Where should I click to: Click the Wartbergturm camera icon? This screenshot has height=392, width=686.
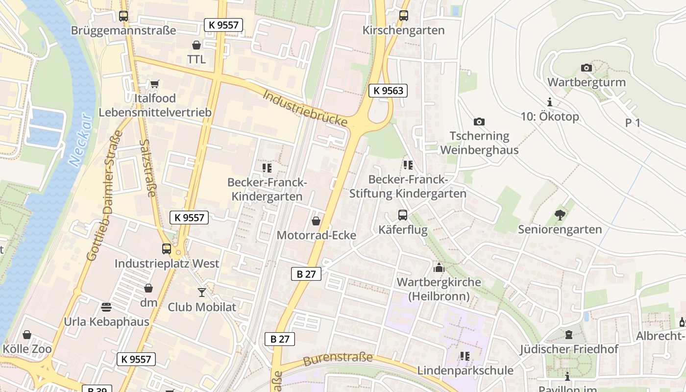pos(586,68)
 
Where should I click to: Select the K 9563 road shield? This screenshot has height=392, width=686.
pos(388,90)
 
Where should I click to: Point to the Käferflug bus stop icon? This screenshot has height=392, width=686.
pos(402,215)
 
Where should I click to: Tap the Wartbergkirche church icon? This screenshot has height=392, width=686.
pos(439,268)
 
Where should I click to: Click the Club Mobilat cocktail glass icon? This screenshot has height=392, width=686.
pos(201,293)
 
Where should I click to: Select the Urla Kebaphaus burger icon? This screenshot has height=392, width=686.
pos(106,307)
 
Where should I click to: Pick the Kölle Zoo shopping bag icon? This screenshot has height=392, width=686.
pos(27,335)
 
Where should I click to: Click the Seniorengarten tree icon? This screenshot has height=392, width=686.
pos(560,215)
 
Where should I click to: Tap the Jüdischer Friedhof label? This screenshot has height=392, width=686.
pos(569,349)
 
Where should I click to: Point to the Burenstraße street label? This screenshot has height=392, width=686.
pos(338,359)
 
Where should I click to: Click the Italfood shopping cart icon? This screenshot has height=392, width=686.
pos(154,84)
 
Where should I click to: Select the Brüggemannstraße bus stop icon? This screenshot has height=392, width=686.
pos(123,16)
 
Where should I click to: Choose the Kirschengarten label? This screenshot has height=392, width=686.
pos(403,30)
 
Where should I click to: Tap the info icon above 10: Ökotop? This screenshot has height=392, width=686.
pos(550,102)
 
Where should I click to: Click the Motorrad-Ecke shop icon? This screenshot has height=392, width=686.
pos(316,221)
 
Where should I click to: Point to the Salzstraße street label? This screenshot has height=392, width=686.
pos(147,168)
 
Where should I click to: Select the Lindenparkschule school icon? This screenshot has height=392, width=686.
pos(465,356)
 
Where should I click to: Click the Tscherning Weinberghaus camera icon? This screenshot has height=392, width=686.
pos(479,122)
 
